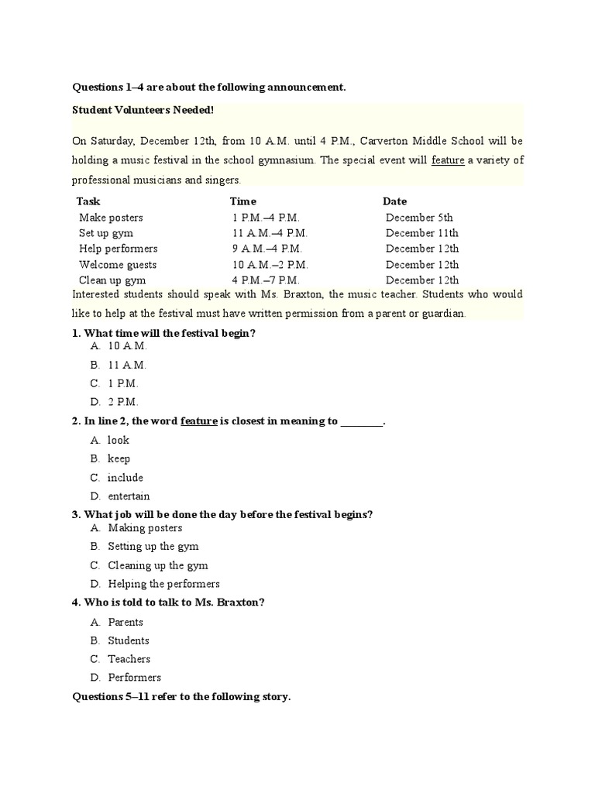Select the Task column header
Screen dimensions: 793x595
(88, 201)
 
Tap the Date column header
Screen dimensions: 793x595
(394, 201)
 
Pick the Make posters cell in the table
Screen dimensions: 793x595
(111, 218)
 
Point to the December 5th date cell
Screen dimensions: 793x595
(419, 218)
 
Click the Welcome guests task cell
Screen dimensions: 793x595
(118, 265)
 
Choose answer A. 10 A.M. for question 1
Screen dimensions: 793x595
(127, 346)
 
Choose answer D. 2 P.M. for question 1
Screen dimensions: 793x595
(124, 402)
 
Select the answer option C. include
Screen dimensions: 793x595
(125, 478)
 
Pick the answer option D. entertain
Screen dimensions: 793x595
(129, 496)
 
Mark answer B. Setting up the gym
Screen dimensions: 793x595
(153, 547)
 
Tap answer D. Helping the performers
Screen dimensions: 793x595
(163, 584)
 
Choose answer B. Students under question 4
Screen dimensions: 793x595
(129, 640)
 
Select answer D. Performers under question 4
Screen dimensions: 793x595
(134, 678)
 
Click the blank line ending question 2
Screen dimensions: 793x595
(362, 422)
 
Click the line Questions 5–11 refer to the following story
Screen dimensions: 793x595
(181, 697)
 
